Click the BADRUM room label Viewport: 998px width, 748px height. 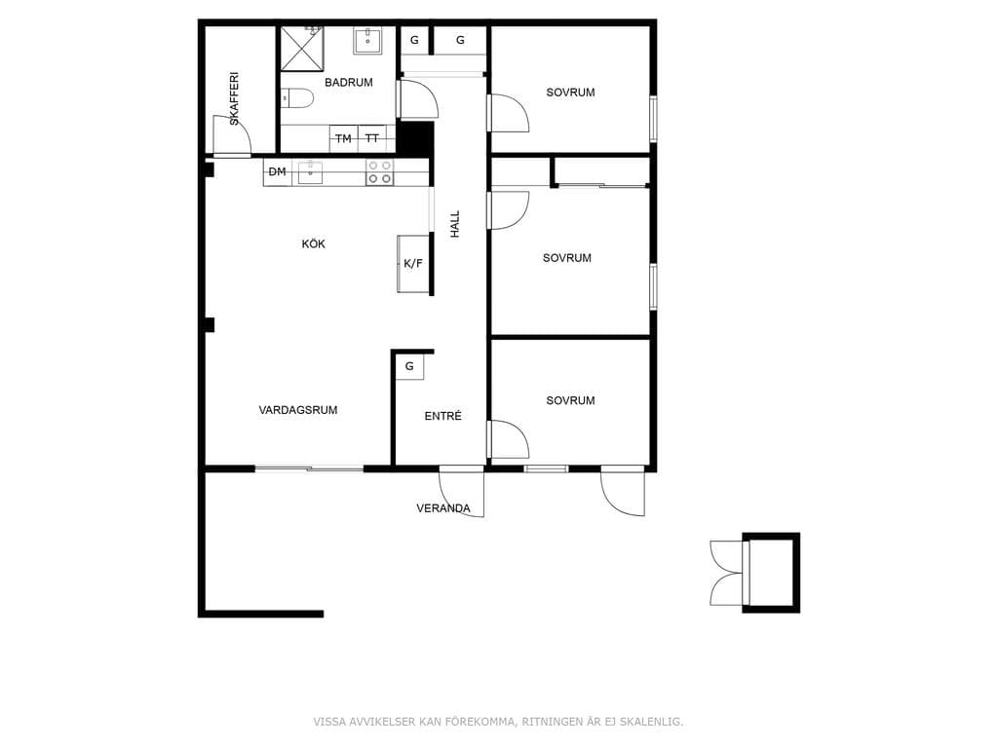[348, 82]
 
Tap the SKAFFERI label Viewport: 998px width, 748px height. [234, 98]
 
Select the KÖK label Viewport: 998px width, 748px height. [313, 243]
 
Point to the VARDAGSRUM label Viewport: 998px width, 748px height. [298, 410]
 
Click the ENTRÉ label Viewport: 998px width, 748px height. [443, 415]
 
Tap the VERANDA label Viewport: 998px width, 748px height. [443, 508]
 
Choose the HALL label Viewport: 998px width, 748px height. [455, 224]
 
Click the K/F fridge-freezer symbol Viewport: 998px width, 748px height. [413, 263]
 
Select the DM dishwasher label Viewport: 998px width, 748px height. [278, 171]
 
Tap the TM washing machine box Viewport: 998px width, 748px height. [344, 138]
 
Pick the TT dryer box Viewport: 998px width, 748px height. [372, 138]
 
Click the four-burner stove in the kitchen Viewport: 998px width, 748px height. [379, 172]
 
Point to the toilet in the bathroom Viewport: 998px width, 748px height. [298, 98]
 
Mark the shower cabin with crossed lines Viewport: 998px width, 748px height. [302, 49]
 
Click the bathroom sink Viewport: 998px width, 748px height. [367, 41]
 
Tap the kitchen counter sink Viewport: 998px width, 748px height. [311, 171]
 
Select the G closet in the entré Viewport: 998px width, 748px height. [410, 367]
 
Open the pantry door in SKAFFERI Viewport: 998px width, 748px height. [232, 135]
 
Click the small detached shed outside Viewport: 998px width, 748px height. [771, 573]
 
